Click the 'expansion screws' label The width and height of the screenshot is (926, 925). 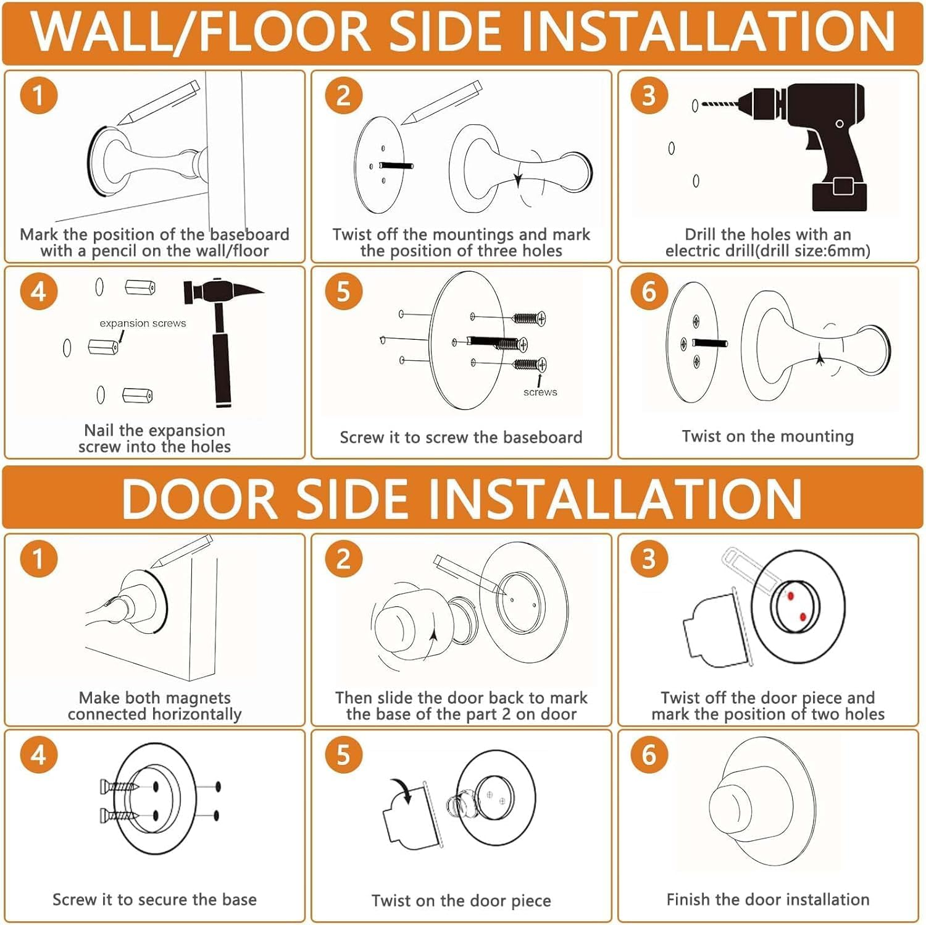coord(143,323)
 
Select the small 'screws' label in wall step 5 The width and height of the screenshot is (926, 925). coord(540,392)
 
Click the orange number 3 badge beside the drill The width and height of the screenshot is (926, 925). coord(649,96)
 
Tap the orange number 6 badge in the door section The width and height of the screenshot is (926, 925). coord(649,755)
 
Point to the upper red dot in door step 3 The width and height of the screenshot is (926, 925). coord(790,596)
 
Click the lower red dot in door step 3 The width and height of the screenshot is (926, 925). coord(803,617)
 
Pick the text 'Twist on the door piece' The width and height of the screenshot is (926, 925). coord(461,901)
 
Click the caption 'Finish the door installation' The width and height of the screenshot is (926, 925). coord(768,900)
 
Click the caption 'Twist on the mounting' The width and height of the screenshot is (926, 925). coord(768,436)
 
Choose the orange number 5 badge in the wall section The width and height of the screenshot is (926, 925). coord(343,292)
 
